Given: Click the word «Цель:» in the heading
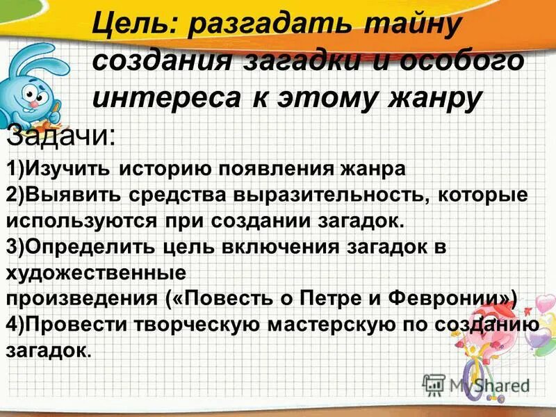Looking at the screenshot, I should pyautogui.click(x=133, y=31).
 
